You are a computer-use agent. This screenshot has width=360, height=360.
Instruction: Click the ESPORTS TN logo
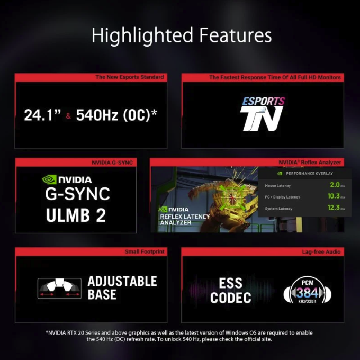(x=262, y=113)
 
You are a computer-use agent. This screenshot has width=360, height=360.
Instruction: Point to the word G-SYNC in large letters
(x=77, y=194)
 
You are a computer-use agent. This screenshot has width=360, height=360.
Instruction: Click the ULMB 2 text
(x=76, y=215)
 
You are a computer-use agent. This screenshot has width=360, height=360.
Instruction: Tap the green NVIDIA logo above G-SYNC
(x=67, y=179)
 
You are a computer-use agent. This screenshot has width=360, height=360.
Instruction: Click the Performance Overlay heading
(x=309, y=174)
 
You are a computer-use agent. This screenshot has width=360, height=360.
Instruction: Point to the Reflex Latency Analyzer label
(x=184, y=219)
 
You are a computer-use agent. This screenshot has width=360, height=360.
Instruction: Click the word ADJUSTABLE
(x=122, y=282)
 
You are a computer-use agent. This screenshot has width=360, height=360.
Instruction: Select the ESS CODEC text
(x=230, y=291)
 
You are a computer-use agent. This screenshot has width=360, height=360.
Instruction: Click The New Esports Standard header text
(x=129, y=77)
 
